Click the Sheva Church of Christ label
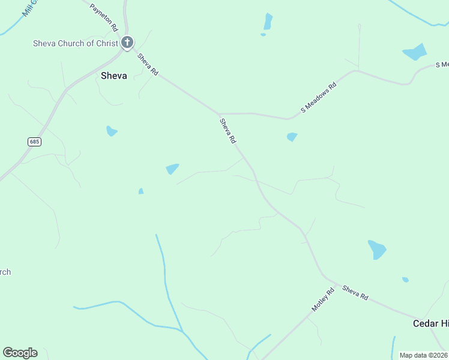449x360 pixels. coord(76,43)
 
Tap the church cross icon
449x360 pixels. coord(127,42)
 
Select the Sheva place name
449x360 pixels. coord(113,76)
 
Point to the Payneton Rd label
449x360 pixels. coord(103,18)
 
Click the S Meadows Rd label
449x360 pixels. coord(319,98)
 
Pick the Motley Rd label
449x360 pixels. coord(322,299)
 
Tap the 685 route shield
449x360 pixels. coord(34,142)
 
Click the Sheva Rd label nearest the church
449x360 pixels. coord(148,64)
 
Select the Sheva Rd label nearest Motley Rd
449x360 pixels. coord(355,293)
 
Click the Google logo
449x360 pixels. coord(20,353)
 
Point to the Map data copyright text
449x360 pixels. coord(424,355)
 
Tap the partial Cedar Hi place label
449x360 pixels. coord(430,323)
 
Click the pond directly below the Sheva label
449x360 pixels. coord(111,131)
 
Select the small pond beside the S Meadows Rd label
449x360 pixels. coord(292,137)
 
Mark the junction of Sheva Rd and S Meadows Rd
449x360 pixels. coord(220,113)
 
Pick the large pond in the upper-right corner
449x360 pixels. coord(415,52)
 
